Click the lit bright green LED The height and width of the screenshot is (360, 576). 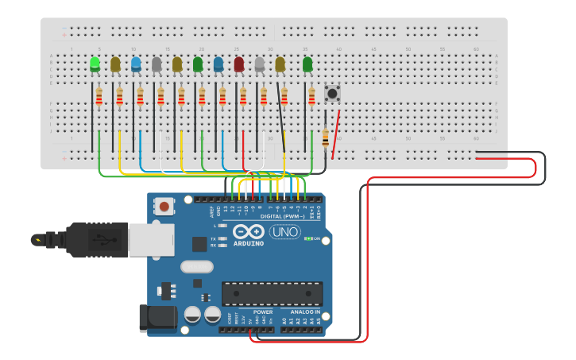tap(95, 64)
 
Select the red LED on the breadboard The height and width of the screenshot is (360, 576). tap(239, 64)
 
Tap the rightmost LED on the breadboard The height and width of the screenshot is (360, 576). tap(307, 64)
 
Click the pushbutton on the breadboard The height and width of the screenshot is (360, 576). tap(332, 94)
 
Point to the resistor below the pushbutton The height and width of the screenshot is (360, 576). tap(325, 137)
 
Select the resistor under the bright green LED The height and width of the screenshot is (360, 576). tap(99, 96)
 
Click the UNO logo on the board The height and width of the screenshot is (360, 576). tap(284, 232)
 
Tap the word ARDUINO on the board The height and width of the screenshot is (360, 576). tap(249, 243)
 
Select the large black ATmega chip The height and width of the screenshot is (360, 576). tap(272, 293)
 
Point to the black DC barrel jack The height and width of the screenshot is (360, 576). tap(157, 318)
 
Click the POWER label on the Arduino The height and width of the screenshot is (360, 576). tap(263, 312)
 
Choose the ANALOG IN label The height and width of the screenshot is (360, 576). tap(305, 312)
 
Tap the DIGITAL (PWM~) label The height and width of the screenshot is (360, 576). tap(282, 216)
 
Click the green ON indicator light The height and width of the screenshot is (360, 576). tap(307, 238)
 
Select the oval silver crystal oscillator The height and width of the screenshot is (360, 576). tap(197, 267)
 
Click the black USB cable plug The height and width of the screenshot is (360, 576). tap(95, 239)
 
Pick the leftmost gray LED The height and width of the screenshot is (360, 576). tap(157, 64)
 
